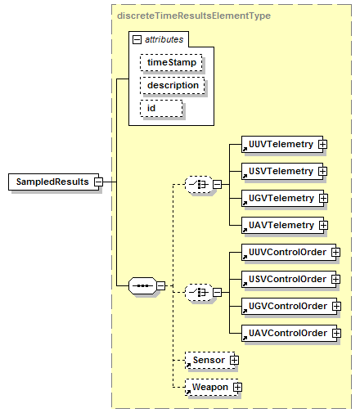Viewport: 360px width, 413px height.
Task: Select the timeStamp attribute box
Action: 171,62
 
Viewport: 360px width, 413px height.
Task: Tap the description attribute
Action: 173,85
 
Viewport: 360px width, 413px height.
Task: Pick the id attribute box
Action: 161,108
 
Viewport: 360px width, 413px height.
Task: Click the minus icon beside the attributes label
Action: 137,40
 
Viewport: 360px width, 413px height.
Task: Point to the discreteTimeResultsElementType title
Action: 194,16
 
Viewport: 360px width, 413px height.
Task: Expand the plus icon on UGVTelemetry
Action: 323,198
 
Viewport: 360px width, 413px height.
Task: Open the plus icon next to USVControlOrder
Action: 335,279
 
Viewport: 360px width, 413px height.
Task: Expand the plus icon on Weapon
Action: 237,387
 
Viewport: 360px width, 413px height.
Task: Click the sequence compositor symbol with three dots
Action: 142,285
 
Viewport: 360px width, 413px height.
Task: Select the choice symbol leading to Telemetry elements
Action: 199,185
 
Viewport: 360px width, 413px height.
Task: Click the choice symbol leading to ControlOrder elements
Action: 199,293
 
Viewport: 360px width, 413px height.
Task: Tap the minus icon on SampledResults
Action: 99,182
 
